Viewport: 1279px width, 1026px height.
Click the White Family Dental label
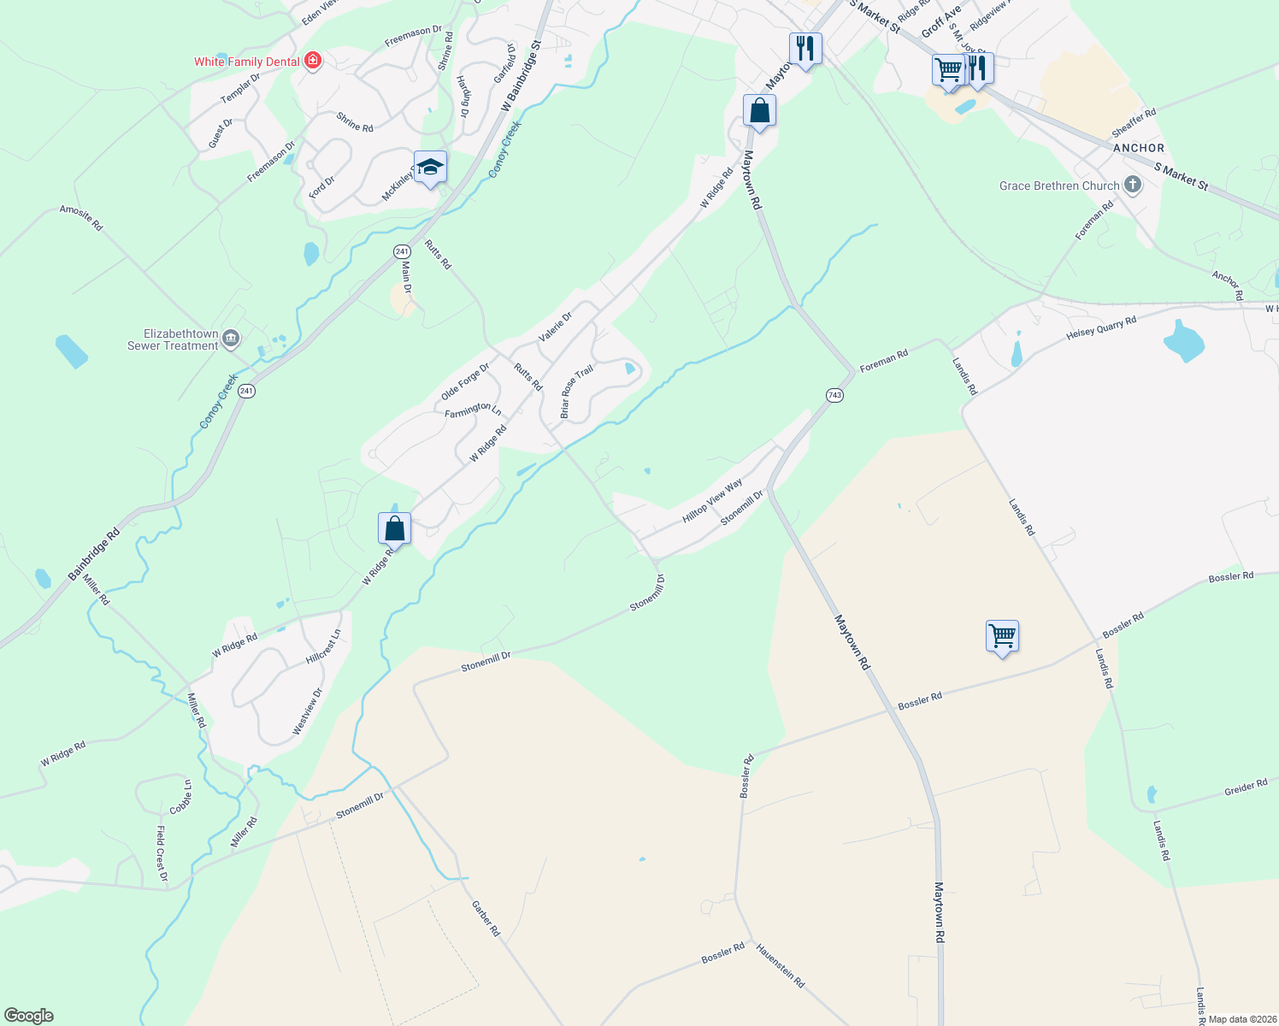coord(246,62)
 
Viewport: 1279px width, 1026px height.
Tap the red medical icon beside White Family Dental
coord(314,60)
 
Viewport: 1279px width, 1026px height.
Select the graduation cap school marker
coord(430,168)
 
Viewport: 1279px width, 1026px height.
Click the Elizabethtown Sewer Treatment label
coord(173,339)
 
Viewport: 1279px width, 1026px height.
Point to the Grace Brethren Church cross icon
coord(1133,185)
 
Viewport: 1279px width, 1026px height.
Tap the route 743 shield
coord(835,395)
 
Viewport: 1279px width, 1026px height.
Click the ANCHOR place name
coord(1139,148)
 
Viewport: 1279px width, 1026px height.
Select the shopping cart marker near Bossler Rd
coord(1002,636)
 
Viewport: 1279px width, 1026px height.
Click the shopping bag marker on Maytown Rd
coord(759,111)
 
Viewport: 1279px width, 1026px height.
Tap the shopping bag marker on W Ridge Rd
coord(394,528)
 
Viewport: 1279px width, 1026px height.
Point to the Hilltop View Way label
coord(712,502)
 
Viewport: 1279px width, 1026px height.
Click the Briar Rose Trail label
coord(576,392)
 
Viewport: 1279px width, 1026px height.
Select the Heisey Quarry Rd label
coord(1101,328)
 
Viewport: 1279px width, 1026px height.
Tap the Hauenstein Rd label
coord(780,965)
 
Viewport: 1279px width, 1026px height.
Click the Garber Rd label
coord(486,918)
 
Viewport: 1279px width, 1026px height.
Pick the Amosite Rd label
coord(81,218)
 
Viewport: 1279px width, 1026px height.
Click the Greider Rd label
coord(1246,787)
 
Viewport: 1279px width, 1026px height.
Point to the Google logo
coord(28,1016)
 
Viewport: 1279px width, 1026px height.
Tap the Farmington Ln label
coord(473,410)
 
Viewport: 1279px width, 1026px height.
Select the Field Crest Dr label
coord(161,852)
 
